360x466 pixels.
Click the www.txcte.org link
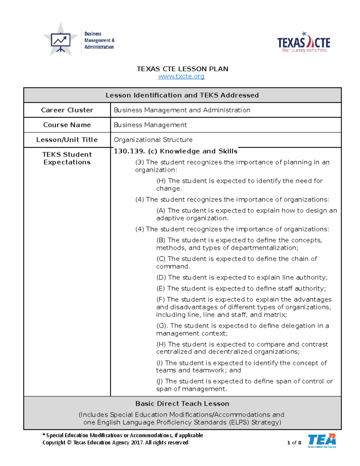(x=181, y=77)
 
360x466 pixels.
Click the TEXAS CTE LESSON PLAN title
(x=182, y=69)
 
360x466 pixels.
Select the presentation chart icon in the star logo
(x=61, y=41)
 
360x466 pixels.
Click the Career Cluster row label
(x=67, y=110)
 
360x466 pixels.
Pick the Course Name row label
(x=67, y=125)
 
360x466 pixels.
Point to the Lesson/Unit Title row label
(x=67, y=140)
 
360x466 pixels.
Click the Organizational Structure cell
(x=153, y=140)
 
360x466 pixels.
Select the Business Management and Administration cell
(x=182, y=110)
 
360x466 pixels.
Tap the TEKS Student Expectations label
(x=67, y=158)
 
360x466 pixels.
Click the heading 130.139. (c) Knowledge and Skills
(x=175, y=151)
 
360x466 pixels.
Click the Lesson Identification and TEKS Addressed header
(x=182, y=95)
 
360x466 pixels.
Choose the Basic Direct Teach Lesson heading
(x=182, y=404)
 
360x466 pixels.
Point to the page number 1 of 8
(x=294, y=443)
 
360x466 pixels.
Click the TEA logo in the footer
(x=322, y=440)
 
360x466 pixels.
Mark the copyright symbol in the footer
(x=69, y=443)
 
